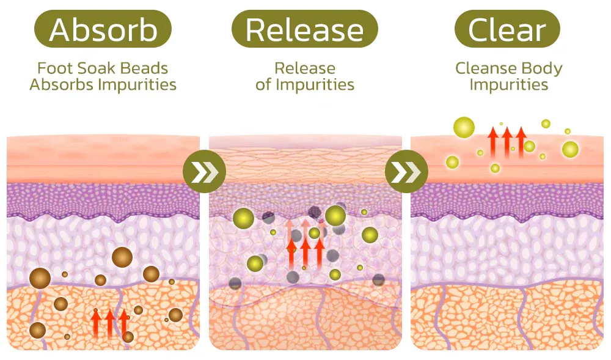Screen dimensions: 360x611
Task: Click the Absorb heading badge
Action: pyautogui.click(x=103, y=29)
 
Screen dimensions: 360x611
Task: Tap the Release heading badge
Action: pyautogui.click(x=305, y=29)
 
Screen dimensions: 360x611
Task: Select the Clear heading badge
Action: pyautogui.click(x=508, y=29)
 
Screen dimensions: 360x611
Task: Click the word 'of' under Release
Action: pyautogui.click(x=263, y=84)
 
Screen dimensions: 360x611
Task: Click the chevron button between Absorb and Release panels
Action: pyautogui.click(x=202, y=173)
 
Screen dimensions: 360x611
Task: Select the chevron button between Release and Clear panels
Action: pyautogui.click(x=404, y=173)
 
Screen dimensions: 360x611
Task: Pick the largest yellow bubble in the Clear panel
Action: pyautogui.click(x=464, y=127)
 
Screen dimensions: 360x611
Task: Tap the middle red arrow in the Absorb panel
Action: pyautogui.click(x=110, y=323)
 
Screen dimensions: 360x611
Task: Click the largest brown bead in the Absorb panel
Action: pyautogui.click(x=122, y=257)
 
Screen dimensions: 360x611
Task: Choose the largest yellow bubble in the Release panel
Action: pyautogui.click(x=335, y=216)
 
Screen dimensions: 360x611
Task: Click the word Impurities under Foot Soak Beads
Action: pyautogui.click(x=139, y=84)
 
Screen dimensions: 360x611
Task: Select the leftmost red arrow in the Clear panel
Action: pyautogui.click(x=492, y=141)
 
